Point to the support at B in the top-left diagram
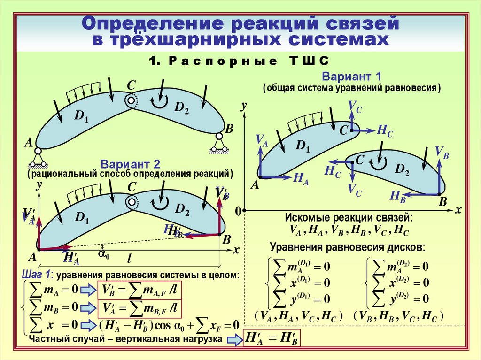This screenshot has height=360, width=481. click(x=219, y=143)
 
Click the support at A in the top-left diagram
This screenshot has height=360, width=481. click(x=38, y=158)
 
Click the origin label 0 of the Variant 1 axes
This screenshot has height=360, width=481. click(x=238, y=212)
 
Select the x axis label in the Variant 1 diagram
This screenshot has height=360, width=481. click(x=458, y=209)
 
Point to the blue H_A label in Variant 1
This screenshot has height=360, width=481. click(x=301, y=178)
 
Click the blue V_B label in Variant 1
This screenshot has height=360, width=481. click(x=442, y=152)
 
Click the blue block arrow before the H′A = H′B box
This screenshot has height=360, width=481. click(x=233, y=340)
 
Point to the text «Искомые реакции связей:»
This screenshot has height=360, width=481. click(x=349, y=218)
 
